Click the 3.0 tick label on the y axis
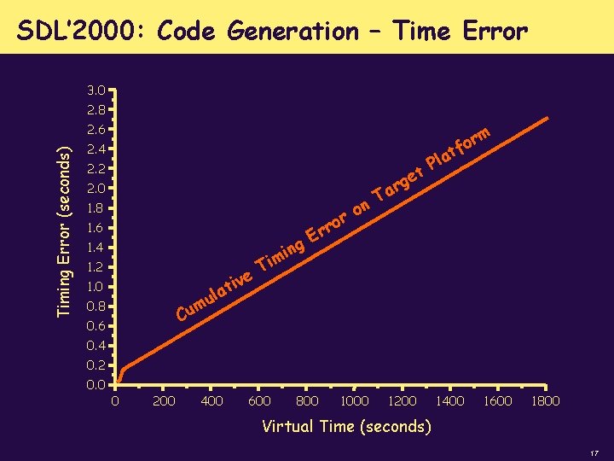tap(96, 90)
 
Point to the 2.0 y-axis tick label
tap(96, 188)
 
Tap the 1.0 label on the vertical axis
tap(96, 286)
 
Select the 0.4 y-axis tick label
tap(96, 346)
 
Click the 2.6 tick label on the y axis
tap(96, 130)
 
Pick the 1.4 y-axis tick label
tap(96, 248)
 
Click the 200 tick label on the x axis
tap(164, 400)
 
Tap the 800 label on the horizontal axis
tap(306, 400)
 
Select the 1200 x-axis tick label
tap(402, 400)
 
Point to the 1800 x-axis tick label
tap(545, 400)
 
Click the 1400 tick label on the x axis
tap(449, 400)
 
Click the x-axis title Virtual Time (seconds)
tap(346, 426)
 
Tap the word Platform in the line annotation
tap(459, 147)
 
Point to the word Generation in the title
tap(293, 32)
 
